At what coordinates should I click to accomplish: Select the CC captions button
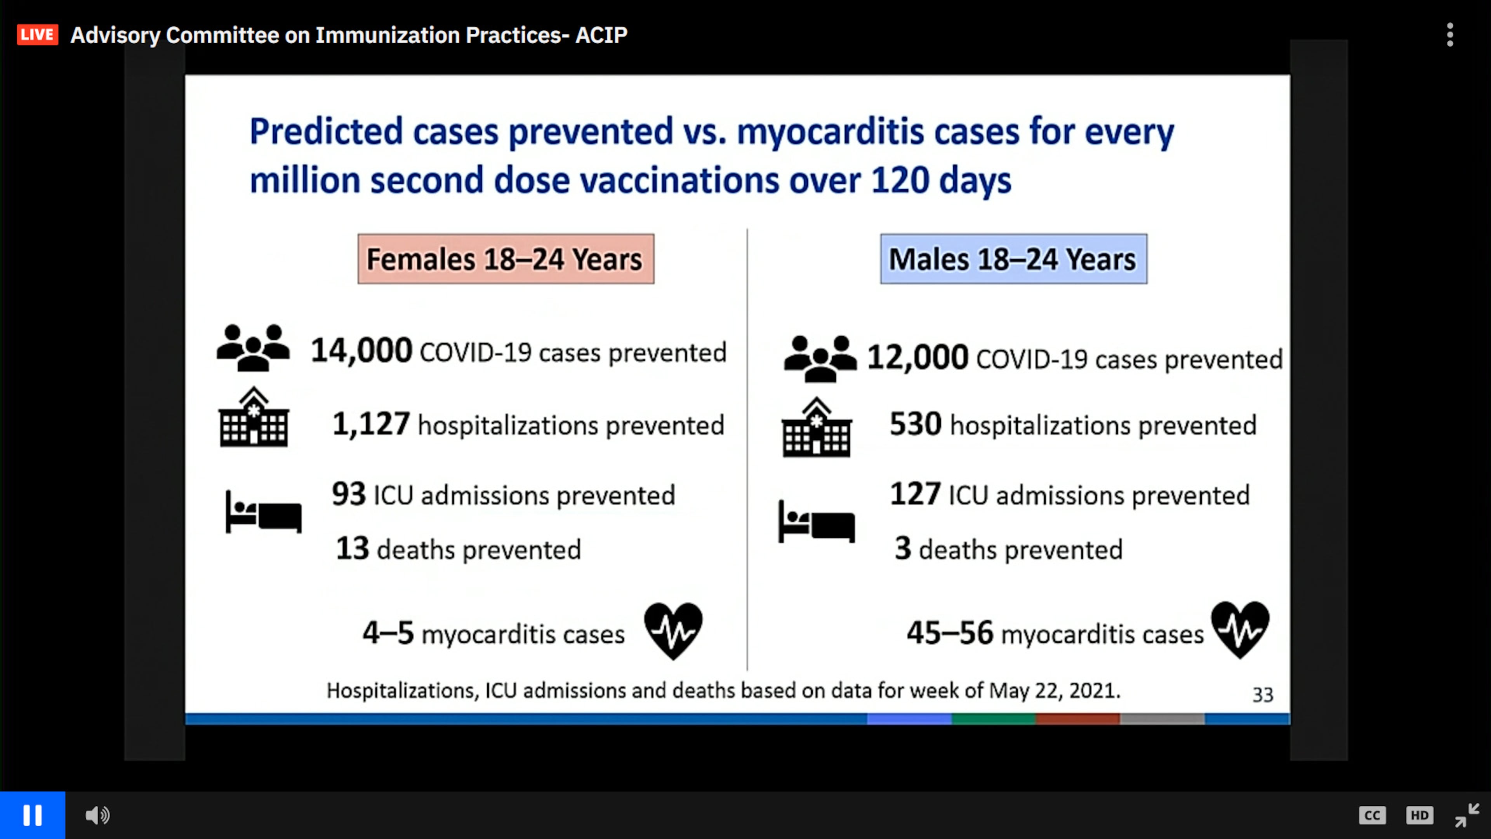pos(1372,815)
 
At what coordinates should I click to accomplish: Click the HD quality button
pos(1419,815)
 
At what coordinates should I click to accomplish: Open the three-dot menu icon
pos(1449,35)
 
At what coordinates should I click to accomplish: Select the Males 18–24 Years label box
pos(1013,259)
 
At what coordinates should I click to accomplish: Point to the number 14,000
pos(361,350)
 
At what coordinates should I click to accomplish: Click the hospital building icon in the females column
pos(254,418)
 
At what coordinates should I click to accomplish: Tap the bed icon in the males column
pos(816,522)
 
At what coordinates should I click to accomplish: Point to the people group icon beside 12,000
pos(820,359)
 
